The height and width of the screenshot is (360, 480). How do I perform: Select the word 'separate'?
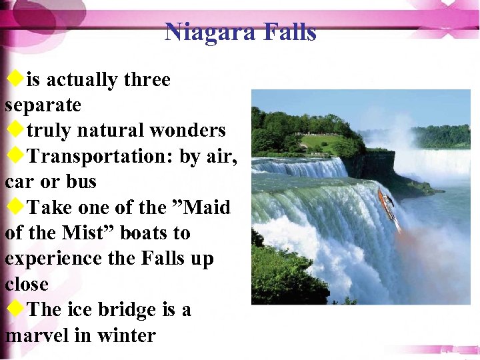coord(43,105)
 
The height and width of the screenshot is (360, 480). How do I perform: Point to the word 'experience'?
coord(53,259)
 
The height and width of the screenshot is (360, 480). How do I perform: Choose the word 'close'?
coord(27,285)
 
